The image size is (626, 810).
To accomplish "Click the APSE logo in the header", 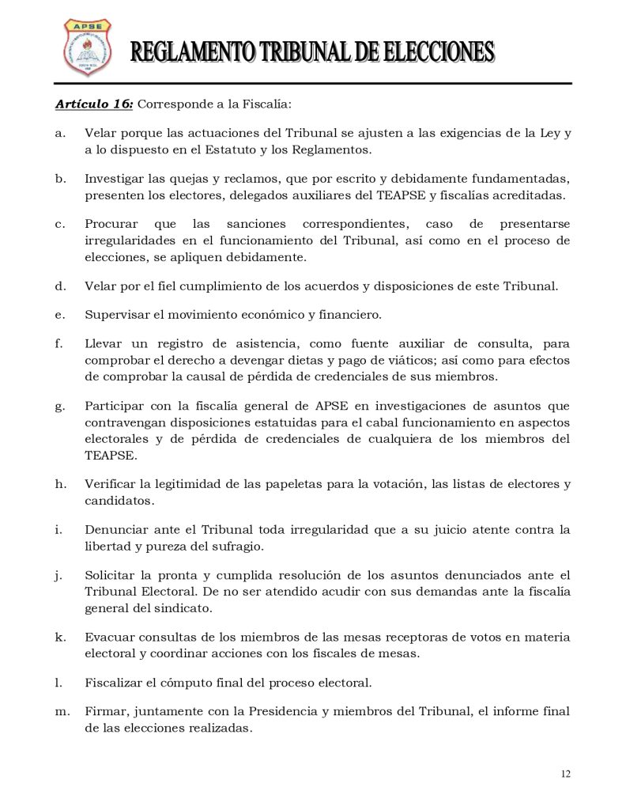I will pos(87,47).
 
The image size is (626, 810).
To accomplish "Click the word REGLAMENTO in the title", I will pos(187,54).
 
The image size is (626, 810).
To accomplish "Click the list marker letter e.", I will pos(59,315).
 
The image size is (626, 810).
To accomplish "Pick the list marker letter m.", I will pos(62,712).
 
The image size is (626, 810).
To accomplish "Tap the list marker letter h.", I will pos(60,484).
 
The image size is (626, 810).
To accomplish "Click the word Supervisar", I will pos(117,315).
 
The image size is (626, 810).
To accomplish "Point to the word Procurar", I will pos(114,224).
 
